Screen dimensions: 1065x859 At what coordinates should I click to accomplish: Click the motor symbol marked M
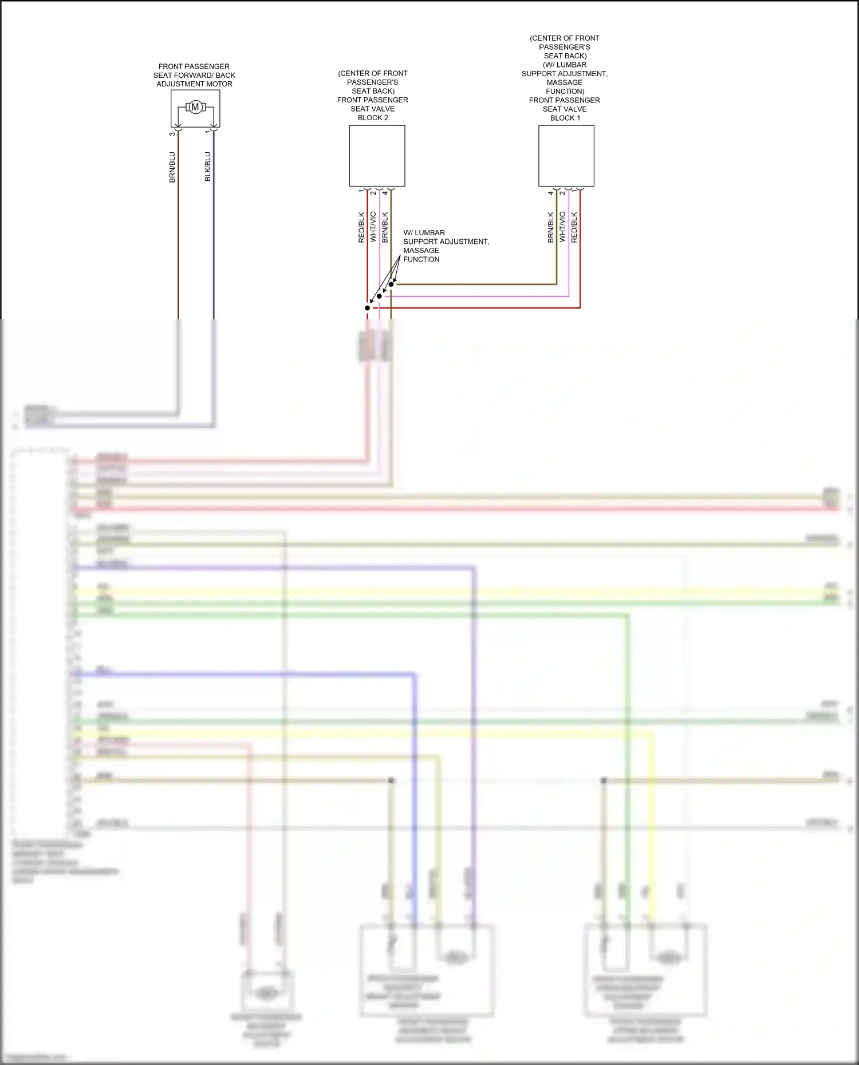(195, 107)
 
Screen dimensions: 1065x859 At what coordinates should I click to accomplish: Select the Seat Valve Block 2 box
(377, 156)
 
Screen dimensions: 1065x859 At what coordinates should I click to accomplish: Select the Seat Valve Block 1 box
(566, 156)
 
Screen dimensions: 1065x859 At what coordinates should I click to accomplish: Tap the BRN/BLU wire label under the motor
(172, 167)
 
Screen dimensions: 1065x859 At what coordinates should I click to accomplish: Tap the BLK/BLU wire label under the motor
(208, 167)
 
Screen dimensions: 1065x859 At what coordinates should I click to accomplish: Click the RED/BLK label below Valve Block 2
(361, 228)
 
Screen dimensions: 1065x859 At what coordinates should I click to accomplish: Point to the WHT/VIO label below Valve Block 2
(373, 227)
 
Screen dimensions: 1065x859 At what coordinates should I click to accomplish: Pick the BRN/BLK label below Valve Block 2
(385, 228)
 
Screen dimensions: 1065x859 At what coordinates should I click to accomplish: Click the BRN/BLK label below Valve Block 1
(551, 228)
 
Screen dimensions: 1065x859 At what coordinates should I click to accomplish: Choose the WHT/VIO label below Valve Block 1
(562, 227)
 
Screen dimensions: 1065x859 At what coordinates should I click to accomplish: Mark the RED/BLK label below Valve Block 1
(574, 228)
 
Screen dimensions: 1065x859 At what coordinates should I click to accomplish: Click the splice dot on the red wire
(368, 308)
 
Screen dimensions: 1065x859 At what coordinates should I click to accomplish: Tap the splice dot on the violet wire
(379, 296)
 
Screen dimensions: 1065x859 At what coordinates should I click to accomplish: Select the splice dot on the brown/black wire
(391, 284)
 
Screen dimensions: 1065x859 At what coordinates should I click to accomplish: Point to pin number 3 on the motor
(172, 134)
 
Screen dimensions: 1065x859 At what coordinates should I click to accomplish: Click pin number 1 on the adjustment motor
(207, 132)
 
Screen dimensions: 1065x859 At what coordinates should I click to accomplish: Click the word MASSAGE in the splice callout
(421, 251)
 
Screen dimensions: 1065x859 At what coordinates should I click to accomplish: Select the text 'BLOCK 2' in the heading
(373, 118)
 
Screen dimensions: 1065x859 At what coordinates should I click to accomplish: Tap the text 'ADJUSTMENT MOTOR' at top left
(194, 84)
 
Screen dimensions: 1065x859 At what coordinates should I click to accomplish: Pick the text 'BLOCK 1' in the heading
(565, 118)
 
